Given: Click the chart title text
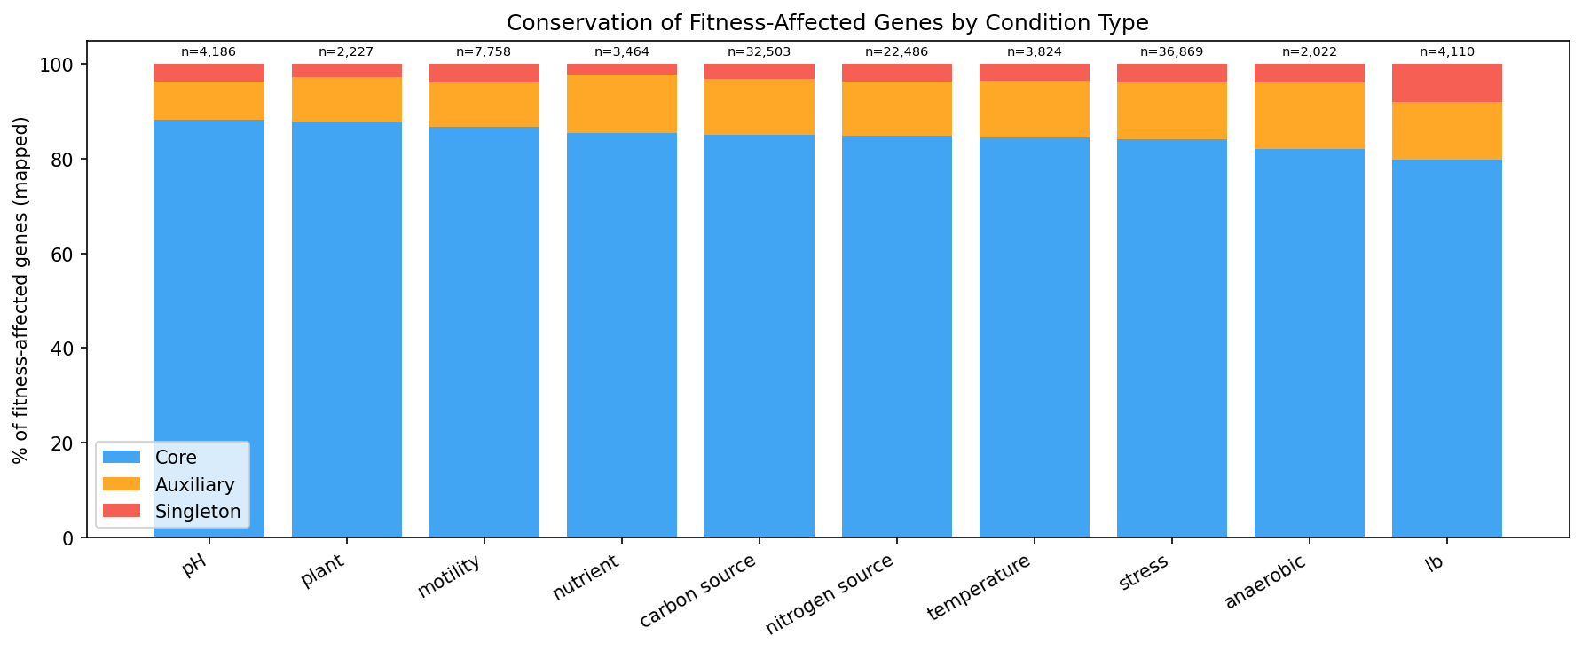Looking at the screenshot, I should tap(827, 23).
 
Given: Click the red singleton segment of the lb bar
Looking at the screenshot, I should tap(1446, 83).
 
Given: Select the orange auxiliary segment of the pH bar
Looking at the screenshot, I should tap(209, 101).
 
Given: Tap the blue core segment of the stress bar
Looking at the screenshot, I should tap(1171, 337).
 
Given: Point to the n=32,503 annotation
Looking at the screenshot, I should tap(759, 52).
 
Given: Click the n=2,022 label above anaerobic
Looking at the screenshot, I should tap(1309, 52).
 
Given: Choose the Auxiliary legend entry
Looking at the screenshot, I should tap(194, 485).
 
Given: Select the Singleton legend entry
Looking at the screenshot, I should tap(197, 512).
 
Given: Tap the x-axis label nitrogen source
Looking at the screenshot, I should tap(830, 593).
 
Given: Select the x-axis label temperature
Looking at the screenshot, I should tap(980, 586).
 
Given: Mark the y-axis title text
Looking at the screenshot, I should tap(21, 290).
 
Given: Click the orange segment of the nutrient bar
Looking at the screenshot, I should tap(621, 104).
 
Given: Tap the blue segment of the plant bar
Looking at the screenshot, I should tap(346, 328).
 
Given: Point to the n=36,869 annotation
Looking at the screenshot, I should tap(1171, 52).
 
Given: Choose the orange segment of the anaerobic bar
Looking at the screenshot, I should tap(1309, 115).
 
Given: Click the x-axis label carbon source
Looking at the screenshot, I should tap(698, 590).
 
